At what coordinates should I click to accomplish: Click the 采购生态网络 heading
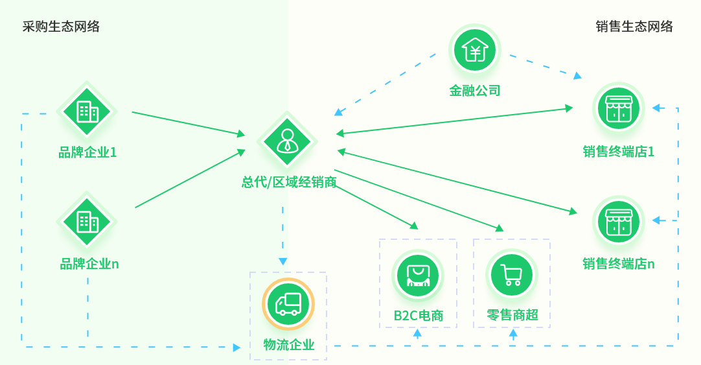coord(61,27)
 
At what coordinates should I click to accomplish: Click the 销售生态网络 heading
coord(634,27)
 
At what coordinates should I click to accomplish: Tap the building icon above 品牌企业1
coord(87,111)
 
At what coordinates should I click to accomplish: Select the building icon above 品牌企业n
coord(87,222)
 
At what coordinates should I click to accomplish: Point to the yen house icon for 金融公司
coord(475,50)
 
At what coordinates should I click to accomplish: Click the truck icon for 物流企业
coord(288,304)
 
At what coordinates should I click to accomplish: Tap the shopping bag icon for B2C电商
coord(418,275)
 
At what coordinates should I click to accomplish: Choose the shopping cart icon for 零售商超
coord(512,275)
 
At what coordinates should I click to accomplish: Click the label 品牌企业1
coord(87,153)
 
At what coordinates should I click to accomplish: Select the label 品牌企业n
coord(89,264)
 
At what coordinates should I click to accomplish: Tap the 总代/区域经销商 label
coord(289,182)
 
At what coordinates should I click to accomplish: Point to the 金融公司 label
coord(475,91)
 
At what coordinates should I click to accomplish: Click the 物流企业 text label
coord(288,345)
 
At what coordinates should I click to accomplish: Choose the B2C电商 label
coord(419,316)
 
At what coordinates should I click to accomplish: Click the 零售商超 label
coord(512,316)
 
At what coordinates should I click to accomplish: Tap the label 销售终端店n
coord(618,264)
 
